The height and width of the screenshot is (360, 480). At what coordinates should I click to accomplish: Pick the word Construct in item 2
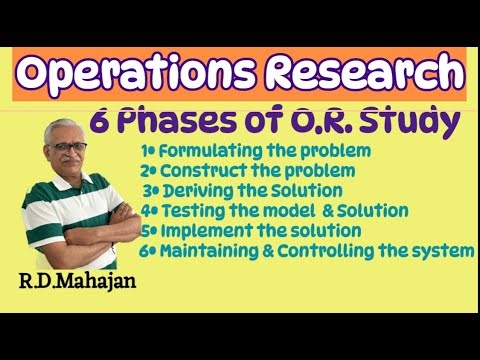tap(196, 170)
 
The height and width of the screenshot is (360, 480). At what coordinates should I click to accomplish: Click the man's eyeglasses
tap(67, 146)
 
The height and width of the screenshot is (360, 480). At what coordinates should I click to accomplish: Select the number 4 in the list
tap(146, 211)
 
